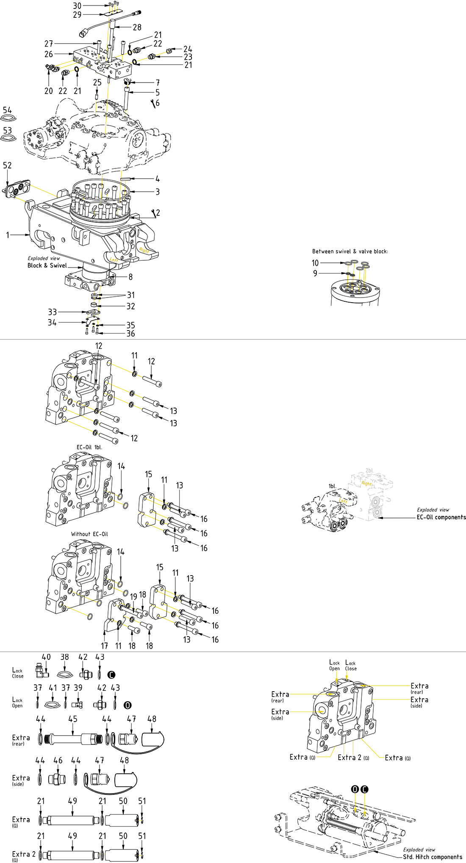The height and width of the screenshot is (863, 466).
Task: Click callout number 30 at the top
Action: tap(77, 6)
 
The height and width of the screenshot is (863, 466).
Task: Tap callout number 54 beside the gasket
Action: tap(7, 110)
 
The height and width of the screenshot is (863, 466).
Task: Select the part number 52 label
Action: tap(7, 165)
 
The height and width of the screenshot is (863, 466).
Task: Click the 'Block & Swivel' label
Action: tap(47, 266)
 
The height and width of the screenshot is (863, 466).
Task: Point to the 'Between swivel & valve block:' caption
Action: tap(350, 251)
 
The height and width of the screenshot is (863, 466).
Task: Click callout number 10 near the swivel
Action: tap(315, 263)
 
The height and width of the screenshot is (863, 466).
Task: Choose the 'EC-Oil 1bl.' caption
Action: tap(89, 447)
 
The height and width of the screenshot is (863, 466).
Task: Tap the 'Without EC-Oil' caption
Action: tap(89, 534)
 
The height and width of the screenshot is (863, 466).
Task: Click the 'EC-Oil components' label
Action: tap(441, 517)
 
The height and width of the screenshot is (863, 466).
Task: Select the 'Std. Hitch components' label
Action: tap(432, 857)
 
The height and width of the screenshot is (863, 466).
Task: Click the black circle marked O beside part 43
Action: tap(128, 705)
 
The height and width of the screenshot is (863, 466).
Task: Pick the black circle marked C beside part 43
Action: tap(111, 675)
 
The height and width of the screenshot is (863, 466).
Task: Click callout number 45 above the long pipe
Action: tap(73, 719)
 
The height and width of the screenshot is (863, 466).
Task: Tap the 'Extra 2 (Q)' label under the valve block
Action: tap(353, 758)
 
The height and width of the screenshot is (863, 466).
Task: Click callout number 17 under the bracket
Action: tap(104, 646)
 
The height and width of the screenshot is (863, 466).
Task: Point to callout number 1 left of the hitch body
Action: tap(8, 234)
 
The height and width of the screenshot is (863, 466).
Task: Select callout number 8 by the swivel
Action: tap(130, 277)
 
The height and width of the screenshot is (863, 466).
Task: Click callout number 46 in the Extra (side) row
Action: tap(58, 761)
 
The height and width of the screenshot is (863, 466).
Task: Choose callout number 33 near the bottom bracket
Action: tap(52, 312)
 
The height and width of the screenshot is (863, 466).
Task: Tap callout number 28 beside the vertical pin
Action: tap(137, 28)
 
